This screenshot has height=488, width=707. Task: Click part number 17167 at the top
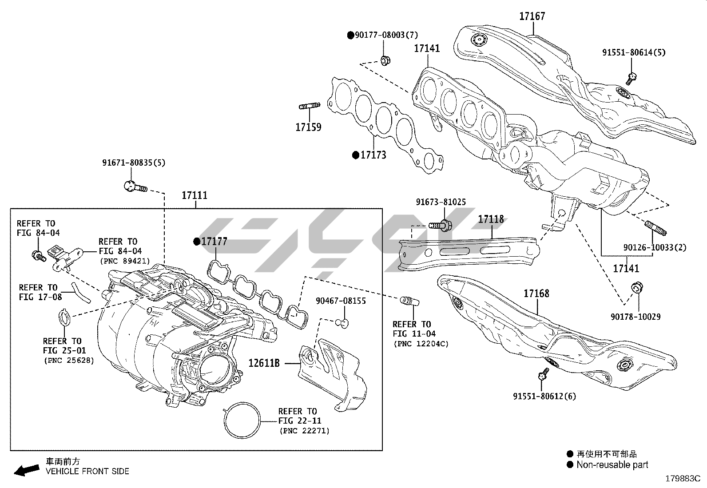[532, 16]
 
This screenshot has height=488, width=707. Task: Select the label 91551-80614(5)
[633, 52]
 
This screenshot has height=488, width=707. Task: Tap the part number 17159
[308, 127]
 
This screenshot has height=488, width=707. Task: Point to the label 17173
[373, 155]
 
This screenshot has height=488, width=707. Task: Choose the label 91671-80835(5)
[134, 163]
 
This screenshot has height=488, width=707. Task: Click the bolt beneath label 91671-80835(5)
[135, 186]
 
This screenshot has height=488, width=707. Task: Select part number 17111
[195, 195]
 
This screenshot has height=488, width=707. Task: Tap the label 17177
[214, 242]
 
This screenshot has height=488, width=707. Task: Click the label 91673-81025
[441, 202]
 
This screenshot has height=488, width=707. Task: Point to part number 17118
[491, 219]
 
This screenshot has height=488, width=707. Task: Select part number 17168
[536, 294]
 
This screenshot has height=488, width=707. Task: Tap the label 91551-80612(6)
[544, 396]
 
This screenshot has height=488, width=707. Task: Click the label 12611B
[264, 363]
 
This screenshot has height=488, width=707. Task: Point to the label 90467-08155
[341, 301]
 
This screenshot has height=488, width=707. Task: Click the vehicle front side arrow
[26, 470]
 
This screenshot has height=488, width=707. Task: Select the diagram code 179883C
[682, 479]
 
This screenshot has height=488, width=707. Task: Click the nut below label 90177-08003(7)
[385, 60]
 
